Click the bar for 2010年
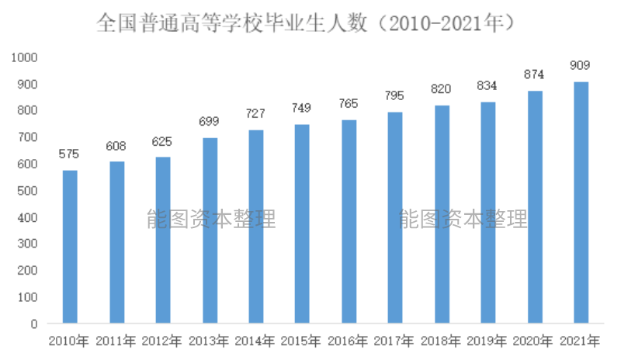[x=70, y=246]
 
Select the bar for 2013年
[x=210, y=230]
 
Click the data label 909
[x=581, y=65]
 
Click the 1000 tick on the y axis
[x=26, y=57]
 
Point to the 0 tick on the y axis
[x=35, y=324]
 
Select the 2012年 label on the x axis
[x=163, y=341]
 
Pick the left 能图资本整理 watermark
[x=211, y=220]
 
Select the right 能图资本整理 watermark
[x=463, y=220]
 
